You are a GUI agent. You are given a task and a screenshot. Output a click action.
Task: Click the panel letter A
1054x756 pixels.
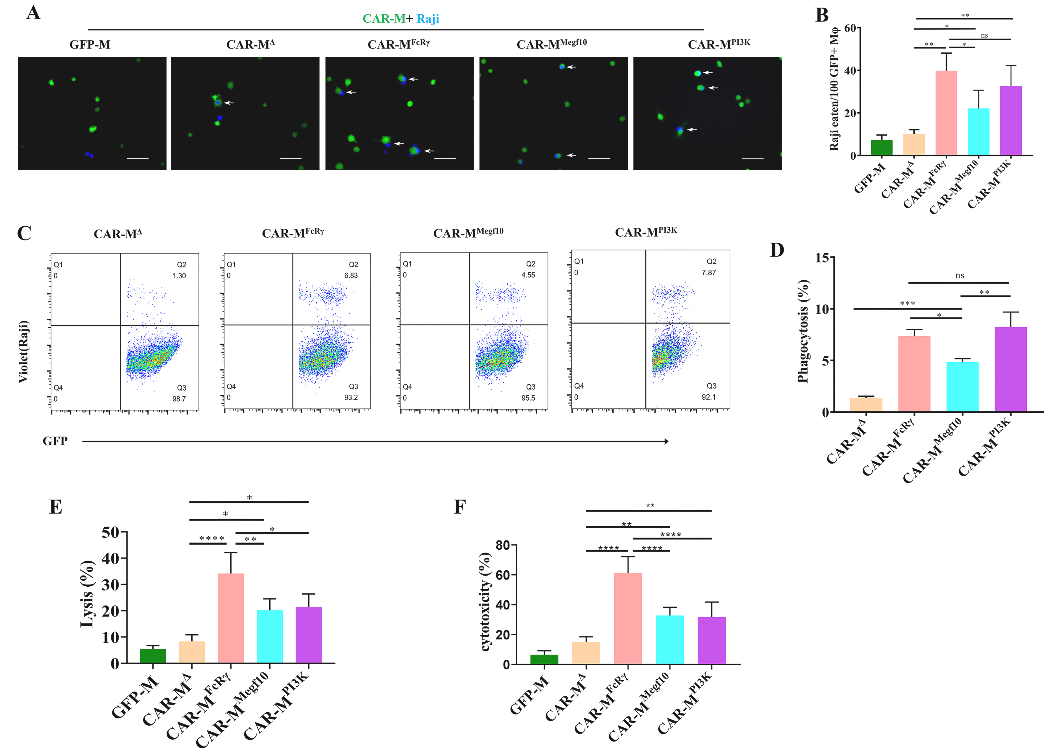[33, 13]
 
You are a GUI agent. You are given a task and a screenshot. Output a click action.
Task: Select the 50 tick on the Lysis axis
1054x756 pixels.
[110, 532]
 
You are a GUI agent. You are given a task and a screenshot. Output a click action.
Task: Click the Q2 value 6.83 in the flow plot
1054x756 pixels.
[351, 275]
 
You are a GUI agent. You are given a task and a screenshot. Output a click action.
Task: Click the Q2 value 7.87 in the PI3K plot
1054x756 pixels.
[708, 273]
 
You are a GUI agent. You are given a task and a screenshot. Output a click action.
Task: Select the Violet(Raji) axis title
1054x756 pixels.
[23, 352]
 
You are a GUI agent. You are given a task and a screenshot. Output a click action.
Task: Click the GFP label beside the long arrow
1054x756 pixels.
[55, 441]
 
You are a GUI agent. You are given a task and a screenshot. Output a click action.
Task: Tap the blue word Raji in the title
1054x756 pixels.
[428, 19]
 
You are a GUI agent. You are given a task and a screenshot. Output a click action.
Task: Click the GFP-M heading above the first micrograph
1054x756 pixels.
[90, 45]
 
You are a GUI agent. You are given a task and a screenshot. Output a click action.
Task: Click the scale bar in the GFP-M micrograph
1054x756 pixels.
[138, 159]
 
